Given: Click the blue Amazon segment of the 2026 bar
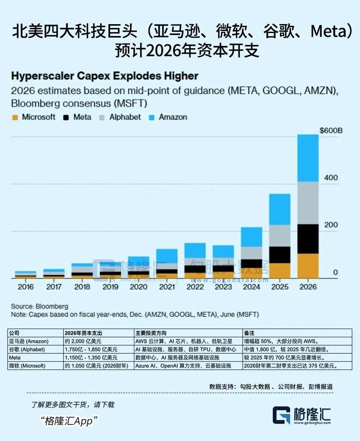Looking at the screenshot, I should [x=308, y=158].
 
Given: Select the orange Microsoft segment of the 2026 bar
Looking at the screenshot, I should [x=308, y=266].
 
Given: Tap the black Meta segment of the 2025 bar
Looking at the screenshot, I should [x=280, y=255].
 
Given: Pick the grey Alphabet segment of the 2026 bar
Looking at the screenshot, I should [x=308, y=203].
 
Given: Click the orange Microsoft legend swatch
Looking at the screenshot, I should [x=15, y=117].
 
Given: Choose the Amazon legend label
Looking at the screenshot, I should [x=173, y=117].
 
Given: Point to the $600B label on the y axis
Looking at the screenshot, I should [x=331, y=130].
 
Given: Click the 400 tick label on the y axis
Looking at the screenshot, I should [x=331, y=178].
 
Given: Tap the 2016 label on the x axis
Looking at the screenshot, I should [x=25, y=287].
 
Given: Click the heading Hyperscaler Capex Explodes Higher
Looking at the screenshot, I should [x=105, y=76].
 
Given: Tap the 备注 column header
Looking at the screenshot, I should [x=250, y=333].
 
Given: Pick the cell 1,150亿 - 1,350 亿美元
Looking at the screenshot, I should [x=91, y=358].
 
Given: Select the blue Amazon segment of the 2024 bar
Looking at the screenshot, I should [x=252, y=237].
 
